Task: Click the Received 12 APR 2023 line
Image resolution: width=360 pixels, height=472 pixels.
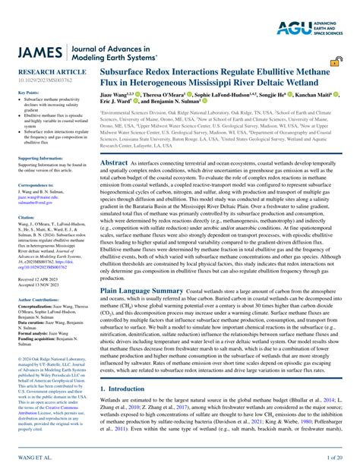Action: click(38, 260)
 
